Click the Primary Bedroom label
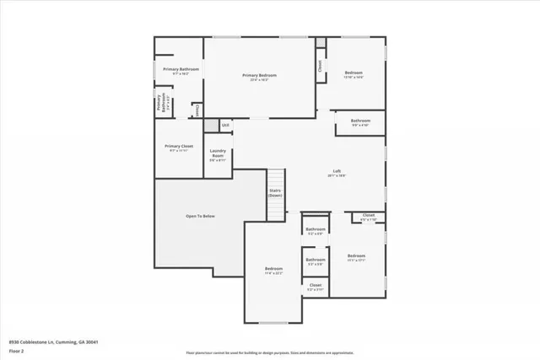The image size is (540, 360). tap(260, 76)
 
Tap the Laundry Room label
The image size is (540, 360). tap(217, 155)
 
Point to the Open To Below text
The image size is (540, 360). tap(200, 217)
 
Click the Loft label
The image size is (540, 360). tap(337, 172)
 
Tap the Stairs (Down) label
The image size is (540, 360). tap(275, 193)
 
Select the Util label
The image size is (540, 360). tap(225, 126)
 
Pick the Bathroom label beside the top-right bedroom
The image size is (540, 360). tap(361, 121)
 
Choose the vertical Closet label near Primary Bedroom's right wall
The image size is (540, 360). tap(320, 65)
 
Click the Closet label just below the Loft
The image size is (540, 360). tap(369, 216)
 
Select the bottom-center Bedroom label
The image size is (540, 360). tap(273, 270)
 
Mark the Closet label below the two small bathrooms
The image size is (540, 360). tap(315, 286)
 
